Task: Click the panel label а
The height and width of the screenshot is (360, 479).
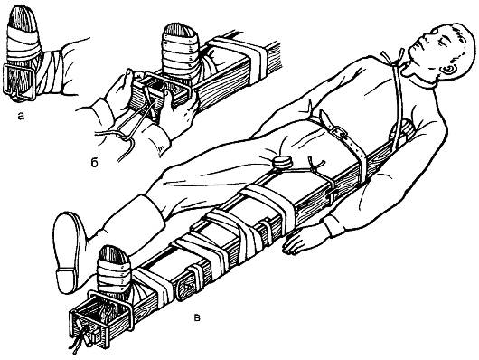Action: [21, 116]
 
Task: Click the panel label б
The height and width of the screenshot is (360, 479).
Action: [94, 163]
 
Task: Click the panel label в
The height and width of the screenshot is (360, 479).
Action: [198, 318]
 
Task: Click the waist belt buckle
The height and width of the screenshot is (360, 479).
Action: [340, 131]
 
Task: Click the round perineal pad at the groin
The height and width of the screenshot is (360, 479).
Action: [283, 163]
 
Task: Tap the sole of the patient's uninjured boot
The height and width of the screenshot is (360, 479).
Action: [66, 251]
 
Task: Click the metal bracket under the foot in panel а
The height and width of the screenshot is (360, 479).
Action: [19, 82]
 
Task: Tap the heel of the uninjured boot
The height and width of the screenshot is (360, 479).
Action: [66, 279]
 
